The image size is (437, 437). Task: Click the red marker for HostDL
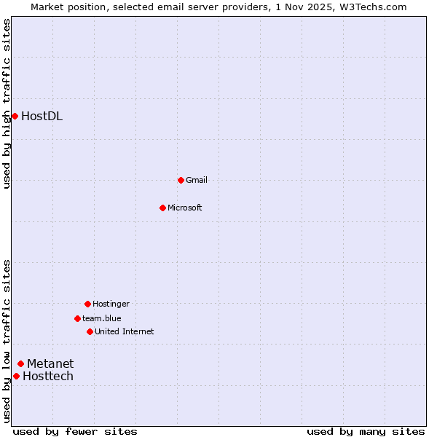(15, 116)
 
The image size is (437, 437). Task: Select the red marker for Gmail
(181, 180)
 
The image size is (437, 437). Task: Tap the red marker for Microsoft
(162, 208)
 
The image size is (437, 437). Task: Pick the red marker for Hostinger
(87, 304)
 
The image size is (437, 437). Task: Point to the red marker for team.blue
(77, 318)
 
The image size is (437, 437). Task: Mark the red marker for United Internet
(90, 331)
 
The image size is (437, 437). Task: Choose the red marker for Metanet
(20, 363)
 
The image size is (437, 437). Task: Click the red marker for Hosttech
(16, 376)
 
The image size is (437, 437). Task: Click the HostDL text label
(42, 116)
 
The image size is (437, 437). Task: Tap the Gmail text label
(197, 180)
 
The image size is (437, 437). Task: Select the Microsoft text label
(184, 208)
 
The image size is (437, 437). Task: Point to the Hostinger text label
(111, 304)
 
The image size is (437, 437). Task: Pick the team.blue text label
(101, 318)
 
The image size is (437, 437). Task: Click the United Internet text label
(124, 331)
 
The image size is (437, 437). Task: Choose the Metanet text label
(50, 363)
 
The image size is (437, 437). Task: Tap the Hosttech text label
(48, 376)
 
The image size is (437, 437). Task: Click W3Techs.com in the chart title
(375, 7)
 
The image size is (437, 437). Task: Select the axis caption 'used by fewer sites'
(75, 431)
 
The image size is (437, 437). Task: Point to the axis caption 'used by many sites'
(366, 431)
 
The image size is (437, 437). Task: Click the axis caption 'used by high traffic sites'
(7, 103)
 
